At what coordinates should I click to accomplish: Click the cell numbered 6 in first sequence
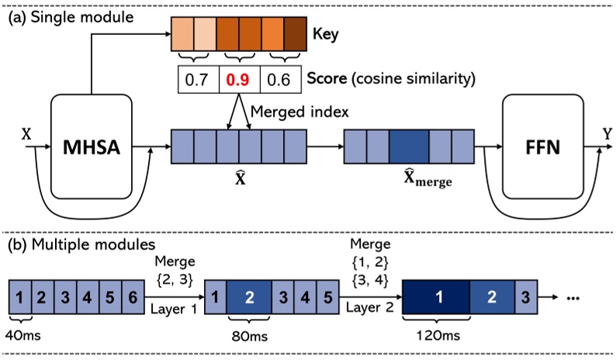pos(134,296)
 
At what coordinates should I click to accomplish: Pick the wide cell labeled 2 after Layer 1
pos(248,296)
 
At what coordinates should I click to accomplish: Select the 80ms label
pos(247,338)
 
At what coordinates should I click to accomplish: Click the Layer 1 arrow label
pos(173,308)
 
